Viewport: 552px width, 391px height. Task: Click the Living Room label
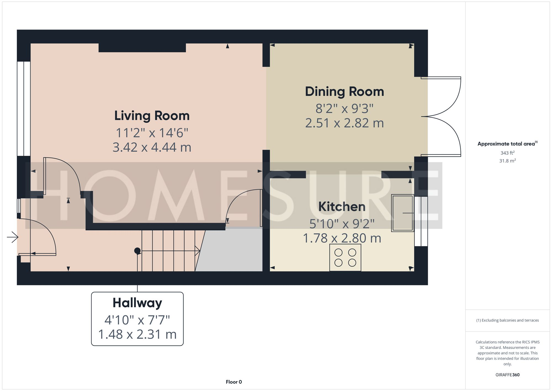click(152, 116)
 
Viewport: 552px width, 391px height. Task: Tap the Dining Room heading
click(344, 92)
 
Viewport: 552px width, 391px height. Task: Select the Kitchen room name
click(342, 207)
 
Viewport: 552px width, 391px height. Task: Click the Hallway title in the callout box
click(137, 303)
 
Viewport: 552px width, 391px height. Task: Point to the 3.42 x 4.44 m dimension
click(152, 147)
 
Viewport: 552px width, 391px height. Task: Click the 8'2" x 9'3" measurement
click(344, 109)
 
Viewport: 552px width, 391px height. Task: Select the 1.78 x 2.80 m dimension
click(342, 238)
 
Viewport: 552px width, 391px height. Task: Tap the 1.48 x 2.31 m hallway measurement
click(137, 334)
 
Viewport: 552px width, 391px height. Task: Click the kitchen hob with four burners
click(345, 257)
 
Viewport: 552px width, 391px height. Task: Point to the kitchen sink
click(402, 213)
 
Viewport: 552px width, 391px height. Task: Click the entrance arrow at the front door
click(13, 237)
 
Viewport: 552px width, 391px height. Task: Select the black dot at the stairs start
click(137, 251)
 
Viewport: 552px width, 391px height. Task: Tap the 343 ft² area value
click(507, 153)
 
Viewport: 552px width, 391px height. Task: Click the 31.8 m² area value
click(507, 161)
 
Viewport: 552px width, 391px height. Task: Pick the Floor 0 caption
click(234, 382)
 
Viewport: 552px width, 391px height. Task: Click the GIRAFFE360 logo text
click(507, 375)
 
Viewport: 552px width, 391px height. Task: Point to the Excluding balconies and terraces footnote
click(507, 320)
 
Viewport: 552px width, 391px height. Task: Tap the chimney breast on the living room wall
click(142, 48)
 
